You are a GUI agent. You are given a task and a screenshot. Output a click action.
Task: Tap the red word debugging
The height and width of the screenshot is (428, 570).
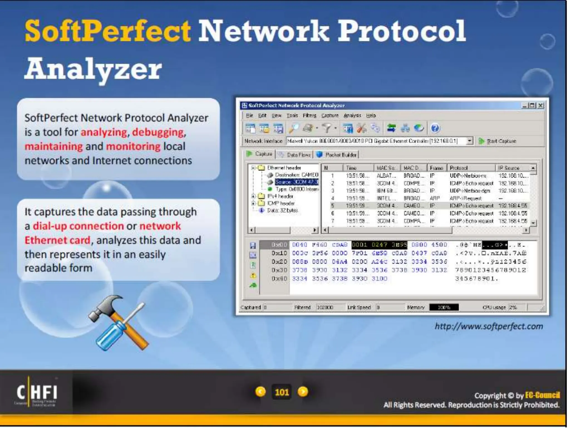pos(158,132)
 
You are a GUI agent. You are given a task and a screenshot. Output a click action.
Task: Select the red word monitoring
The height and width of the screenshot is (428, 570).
pos(133,146)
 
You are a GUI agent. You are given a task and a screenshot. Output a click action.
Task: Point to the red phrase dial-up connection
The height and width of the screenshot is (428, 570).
pos(78,226)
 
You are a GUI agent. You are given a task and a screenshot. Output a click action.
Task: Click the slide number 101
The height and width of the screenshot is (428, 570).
pos(282,392)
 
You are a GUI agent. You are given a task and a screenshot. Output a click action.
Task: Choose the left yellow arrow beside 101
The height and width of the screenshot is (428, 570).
pos(261,392)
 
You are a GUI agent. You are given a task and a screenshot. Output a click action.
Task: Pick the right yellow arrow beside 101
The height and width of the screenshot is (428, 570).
pos(303,392)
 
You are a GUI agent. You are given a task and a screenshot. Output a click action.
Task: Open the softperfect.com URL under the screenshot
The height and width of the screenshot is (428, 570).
pos(489,326)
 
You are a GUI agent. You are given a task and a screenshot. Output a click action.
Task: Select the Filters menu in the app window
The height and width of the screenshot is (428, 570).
pos(309,115)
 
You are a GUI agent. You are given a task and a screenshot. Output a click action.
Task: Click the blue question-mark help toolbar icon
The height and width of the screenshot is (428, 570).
pos(435,128)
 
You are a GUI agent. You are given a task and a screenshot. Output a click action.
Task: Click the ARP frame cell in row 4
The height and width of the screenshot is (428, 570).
pos(435,198)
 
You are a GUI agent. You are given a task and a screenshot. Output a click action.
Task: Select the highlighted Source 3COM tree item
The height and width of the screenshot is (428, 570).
pos(296,182)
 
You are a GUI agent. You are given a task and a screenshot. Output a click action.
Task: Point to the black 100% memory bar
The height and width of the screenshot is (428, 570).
pos(444,307)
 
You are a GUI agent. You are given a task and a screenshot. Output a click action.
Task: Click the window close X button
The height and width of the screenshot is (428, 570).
pos(540,106)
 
